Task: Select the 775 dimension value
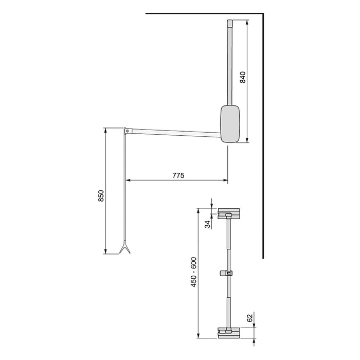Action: [178, 175]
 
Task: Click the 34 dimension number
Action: [207, 224]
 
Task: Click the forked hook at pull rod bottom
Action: [124, 249]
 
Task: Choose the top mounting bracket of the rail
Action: [228, 213]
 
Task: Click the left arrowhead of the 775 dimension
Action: [127, 181]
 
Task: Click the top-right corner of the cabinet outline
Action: [263, 12]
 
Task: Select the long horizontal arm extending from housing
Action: [175, 133]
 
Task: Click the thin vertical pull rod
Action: [125, 190]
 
